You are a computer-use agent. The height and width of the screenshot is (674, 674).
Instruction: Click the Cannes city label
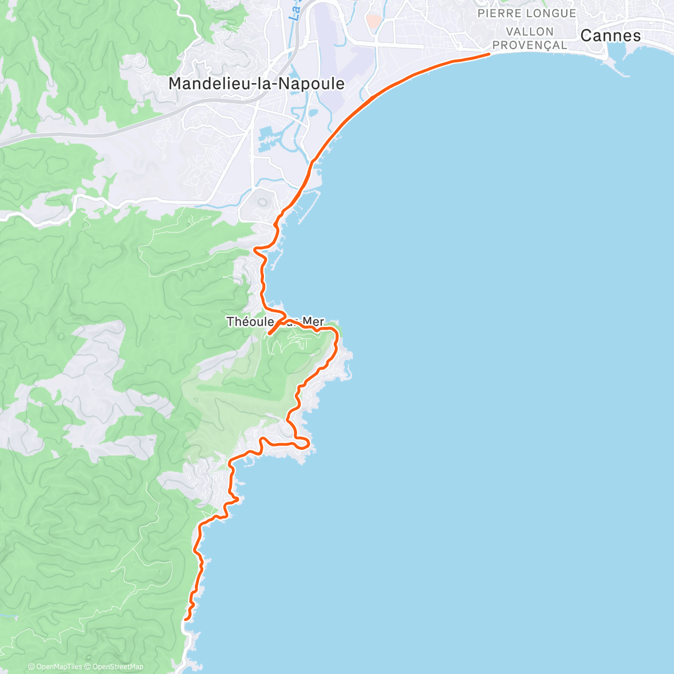(610, 36)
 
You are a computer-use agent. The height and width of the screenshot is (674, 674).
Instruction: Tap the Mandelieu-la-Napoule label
(256, 84)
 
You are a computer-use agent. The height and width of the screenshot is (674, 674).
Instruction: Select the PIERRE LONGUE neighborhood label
(526, 13)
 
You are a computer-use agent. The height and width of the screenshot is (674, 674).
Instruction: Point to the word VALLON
(530, 31)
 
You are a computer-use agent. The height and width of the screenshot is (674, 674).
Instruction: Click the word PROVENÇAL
(529, 45)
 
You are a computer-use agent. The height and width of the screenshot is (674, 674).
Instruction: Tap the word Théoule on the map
(249, 322)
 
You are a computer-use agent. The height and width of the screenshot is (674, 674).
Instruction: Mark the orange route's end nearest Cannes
(489, 54)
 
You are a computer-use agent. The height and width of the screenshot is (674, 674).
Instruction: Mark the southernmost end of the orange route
(185, 619)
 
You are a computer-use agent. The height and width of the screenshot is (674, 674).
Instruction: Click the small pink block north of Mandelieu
(372, 21)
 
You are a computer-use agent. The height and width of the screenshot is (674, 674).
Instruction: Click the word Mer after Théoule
(313, 322)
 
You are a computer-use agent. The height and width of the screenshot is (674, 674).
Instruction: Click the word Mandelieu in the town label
(205, 84)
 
